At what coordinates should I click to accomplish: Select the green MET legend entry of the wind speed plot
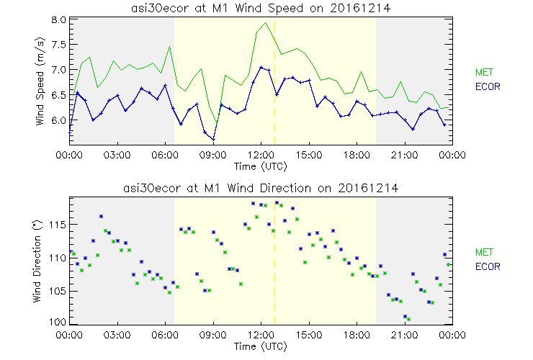point(483,72)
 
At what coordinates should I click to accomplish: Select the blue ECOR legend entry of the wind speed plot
point(486,86)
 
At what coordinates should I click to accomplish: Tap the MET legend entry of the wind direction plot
point(483,252)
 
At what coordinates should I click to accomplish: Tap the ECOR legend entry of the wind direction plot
point(486,266)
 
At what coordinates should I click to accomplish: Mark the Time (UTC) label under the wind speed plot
point(261,166)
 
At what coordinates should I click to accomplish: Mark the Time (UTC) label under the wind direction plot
point(261,346)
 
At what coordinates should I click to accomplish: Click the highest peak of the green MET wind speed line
point(266,23)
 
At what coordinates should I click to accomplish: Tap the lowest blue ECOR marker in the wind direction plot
point(406,316)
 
